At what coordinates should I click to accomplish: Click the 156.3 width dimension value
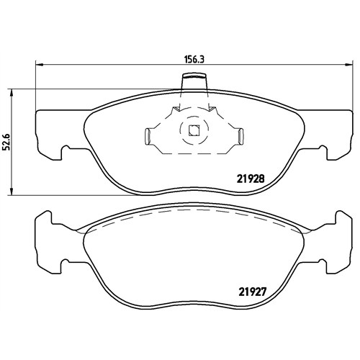pos(194,59)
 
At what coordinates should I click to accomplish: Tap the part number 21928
pos(251,179)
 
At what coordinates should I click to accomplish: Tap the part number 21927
pos(252,292)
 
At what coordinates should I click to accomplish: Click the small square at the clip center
pos(194,130)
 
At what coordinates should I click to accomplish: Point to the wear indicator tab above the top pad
pos(194,81)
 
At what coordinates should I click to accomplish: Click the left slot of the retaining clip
pos(148,136)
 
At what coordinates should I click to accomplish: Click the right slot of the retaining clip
pos(240,136)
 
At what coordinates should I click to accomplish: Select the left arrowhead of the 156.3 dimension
pos(39,64)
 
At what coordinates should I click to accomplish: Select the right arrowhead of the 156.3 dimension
pos(349,64)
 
